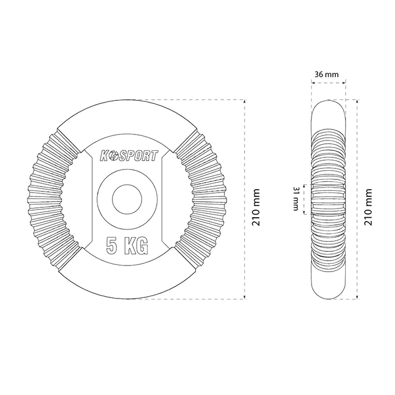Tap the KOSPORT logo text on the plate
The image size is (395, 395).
pos(129,156)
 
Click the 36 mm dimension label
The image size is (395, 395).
pos(326,74)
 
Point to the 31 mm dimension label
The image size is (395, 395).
pos(296,199)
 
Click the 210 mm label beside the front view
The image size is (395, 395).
pos(256,207)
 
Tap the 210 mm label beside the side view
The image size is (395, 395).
pos(368,207)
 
